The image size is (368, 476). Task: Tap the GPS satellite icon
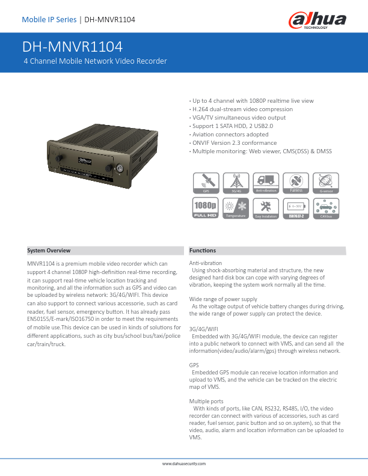[205, 182]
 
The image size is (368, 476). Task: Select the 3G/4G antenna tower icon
[236, 182]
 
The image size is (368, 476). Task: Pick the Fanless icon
[296, 182]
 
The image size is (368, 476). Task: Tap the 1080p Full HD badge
[205, 207]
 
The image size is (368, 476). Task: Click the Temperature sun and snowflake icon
[236, 207]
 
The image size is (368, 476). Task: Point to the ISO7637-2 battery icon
[296, 207]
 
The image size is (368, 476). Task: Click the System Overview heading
[49, 250]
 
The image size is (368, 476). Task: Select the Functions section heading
[203, 250]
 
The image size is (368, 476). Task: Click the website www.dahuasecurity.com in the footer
[184, 465]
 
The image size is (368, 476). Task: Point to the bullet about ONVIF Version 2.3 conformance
[234, 143]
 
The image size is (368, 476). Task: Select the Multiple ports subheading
[206, 400]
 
